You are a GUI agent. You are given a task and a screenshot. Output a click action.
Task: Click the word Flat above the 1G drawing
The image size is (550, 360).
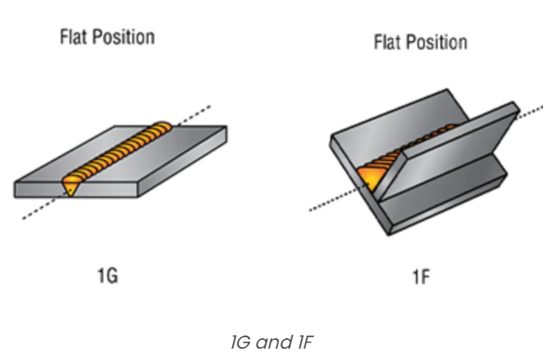72,38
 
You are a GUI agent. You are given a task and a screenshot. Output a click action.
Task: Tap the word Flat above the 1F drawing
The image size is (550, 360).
387,42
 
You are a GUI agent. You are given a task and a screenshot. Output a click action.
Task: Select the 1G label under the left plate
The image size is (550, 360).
107,277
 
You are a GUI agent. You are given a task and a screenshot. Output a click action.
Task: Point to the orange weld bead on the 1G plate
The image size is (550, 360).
122,154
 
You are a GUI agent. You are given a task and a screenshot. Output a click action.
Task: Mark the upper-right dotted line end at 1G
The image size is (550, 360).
208,108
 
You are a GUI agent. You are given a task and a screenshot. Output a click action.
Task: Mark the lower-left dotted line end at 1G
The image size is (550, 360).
26,216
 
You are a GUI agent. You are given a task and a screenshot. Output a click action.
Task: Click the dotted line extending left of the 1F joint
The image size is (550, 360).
327,203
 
